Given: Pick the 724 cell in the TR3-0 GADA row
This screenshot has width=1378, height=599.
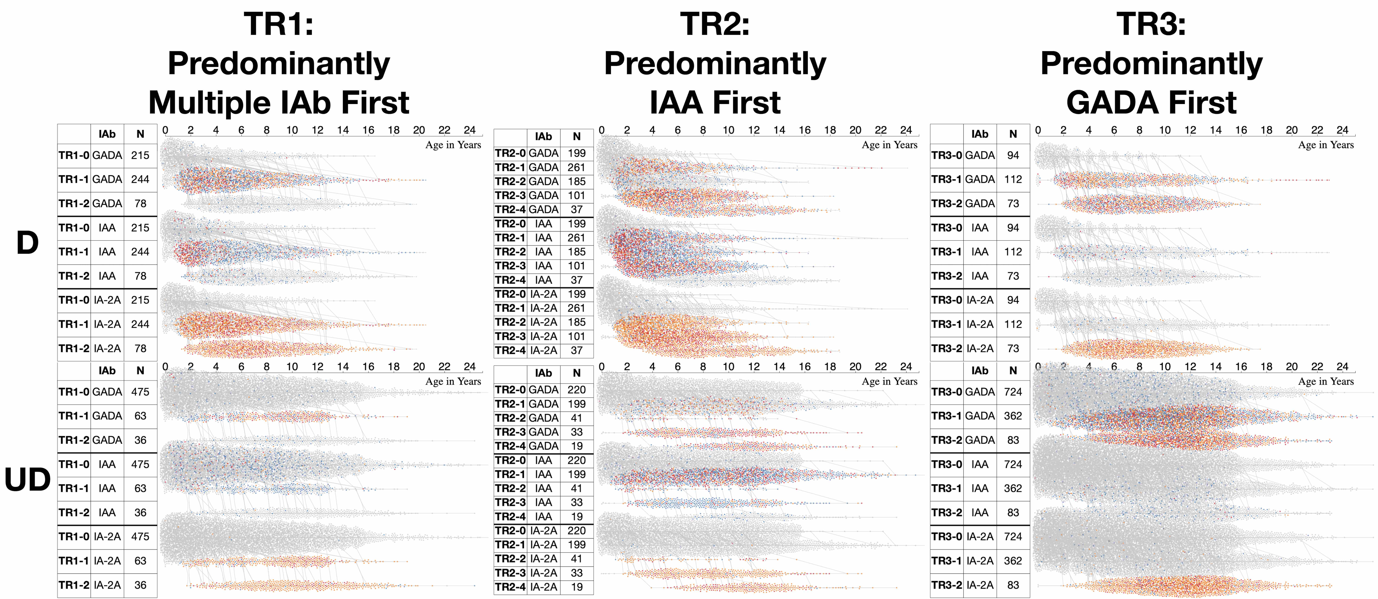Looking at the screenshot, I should (1013, 392).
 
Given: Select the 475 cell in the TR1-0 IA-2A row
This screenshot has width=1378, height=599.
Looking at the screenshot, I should (140, 536).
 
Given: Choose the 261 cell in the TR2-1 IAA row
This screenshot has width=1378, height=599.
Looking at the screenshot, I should (576, 238).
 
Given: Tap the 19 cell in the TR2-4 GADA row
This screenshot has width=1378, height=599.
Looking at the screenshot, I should (576, 446).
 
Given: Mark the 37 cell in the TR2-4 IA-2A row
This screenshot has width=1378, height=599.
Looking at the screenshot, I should (576, 351).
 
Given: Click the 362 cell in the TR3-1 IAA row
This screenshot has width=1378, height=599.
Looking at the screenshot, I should (1013, 488).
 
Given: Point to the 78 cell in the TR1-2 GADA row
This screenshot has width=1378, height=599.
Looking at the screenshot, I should (140, 204).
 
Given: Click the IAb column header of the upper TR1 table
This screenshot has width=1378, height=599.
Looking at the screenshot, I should (107, 134).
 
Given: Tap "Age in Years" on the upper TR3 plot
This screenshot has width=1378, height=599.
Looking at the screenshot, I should (1326, 145).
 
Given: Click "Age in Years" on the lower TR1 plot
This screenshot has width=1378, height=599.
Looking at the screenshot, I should (453, 381).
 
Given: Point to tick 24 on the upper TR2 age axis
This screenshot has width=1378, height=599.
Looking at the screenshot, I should (906, 130).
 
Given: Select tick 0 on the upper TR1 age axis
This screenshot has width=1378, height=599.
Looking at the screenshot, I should (165, 130).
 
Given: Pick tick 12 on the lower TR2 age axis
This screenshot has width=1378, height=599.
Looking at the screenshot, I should (754, 366).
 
